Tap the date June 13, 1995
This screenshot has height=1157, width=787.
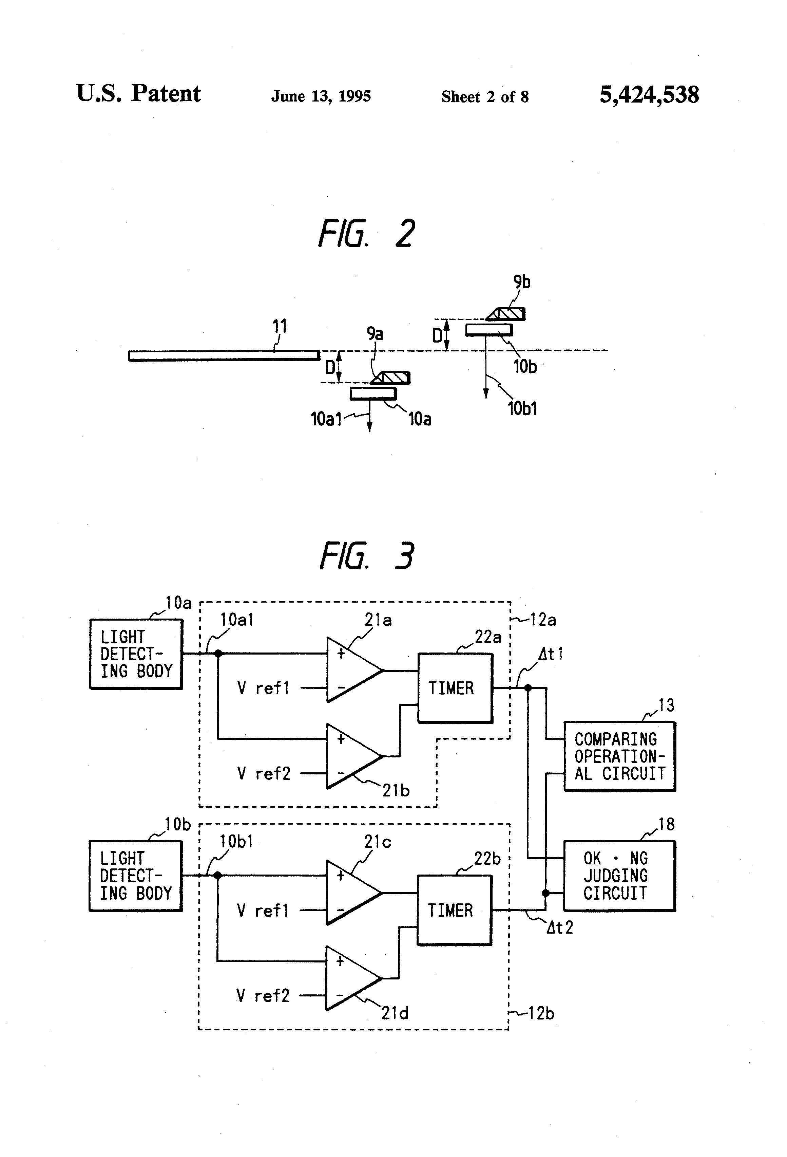pos(321,96)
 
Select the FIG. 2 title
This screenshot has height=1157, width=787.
pos(367,234)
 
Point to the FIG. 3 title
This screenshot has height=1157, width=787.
pos(367,556)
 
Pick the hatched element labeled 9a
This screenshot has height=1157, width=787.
pos(391,378)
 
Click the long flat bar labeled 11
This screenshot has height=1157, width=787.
pos(224,355)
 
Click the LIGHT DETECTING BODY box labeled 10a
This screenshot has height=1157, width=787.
pos(136,654)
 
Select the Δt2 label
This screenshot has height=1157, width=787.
pos(560,928)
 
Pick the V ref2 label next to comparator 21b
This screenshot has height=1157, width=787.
pos(264,773)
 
